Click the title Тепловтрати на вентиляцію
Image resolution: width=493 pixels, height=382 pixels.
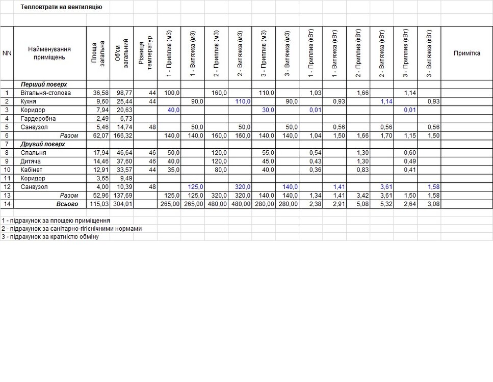pyautogui.click(x=61, y=7)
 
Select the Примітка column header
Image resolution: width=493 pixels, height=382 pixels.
pyautogui.click(x=466, y=53)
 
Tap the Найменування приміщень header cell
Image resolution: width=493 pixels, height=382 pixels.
pyautogui.click(x=49, y=53)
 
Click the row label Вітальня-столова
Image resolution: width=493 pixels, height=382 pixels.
pyautogui.click(x=45, y=93)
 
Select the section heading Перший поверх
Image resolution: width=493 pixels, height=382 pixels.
pyautogui.click(x=44, y=85)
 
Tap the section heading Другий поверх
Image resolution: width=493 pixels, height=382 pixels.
pyautogui.click(x=43, y=144)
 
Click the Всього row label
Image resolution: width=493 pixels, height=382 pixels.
pyautogui.click(x=67, y=204)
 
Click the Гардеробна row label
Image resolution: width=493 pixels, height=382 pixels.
pyautogui.click(x=39, y=119)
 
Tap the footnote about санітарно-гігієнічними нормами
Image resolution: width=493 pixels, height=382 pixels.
pyautogui.click(x=71, y=229)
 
